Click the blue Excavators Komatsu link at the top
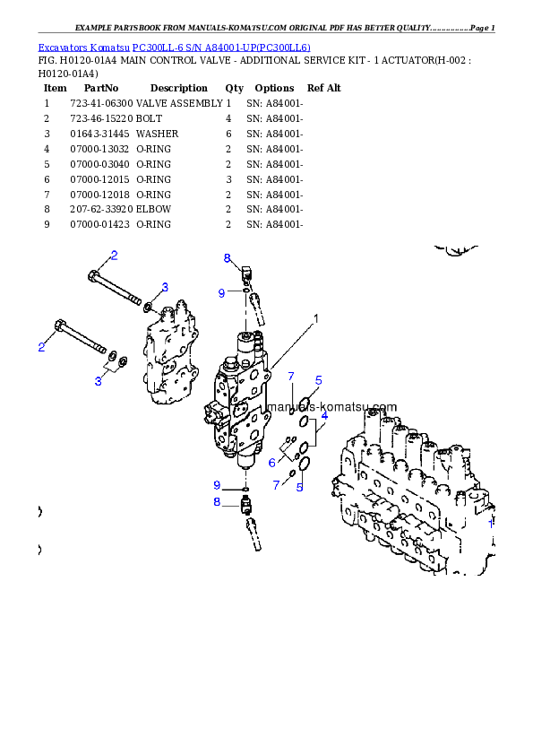pyautogui.click(x=174, y=48)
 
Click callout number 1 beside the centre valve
pyautogui.click(x=315, y=317)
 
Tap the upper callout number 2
pyautogui.click(x=114, y=256)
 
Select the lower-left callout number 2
pyautogui.click(x=41, y=347)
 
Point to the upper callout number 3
pyautogui.click(x=165, y=287)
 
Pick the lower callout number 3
pyautogui.click(x=99, y=381)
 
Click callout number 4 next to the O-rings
pyautogui.click(x=324, y=416)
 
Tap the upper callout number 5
pyautogui.click(x=318, y=381)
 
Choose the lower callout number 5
pyautogui.click(x=300, y=487)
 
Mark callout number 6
pyautogui.click(x=272, y=463)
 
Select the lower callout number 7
pyautogui.click(x=277, y=484)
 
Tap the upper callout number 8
pyautogui.click(x=228, y=258)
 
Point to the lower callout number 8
pyautogui.click(x=216, y=502)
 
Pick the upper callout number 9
pyautogui.click(x=221, y=292)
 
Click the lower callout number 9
pyautogui.click(x=216, y=485)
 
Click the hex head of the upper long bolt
pyautogui.click(x=93, y=276)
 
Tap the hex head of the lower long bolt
pyautogui.click(x=60, y=325)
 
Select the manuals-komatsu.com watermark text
pyautogui.click(x=332, y=406)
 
